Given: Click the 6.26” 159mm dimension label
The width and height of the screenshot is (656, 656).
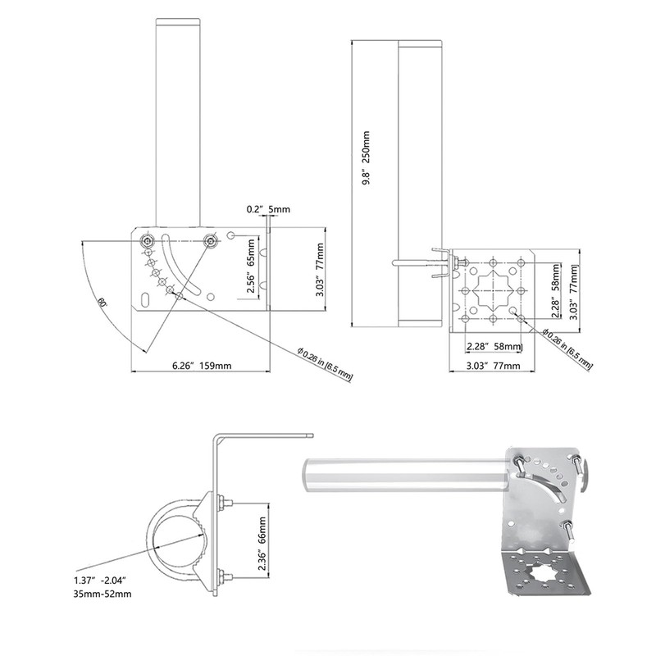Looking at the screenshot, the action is pos(202,365).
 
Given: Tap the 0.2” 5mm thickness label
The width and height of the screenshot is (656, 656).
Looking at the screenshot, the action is pos(268,209).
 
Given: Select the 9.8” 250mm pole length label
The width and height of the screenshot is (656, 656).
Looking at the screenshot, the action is pos(366,158).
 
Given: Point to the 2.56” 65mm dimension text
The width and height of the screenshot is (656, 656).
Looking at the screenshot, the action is pos(251,266).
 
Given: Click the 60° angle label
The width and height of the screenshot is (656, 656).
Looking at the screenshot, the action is pos(102,302).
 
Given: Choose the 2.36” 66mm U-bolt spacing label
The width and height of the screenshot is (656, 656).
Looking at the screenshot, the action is pos(262,544).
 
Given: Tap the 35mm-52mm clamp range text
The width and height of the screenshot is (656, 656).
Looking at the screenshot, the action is pos(102,594).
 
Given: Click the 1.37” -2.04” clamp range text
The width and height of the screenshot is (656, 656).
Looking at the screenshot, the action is pos(100,581).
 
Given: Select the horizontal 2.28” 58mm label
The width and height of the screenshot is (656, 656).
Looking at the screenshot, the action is pos(494,346).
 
